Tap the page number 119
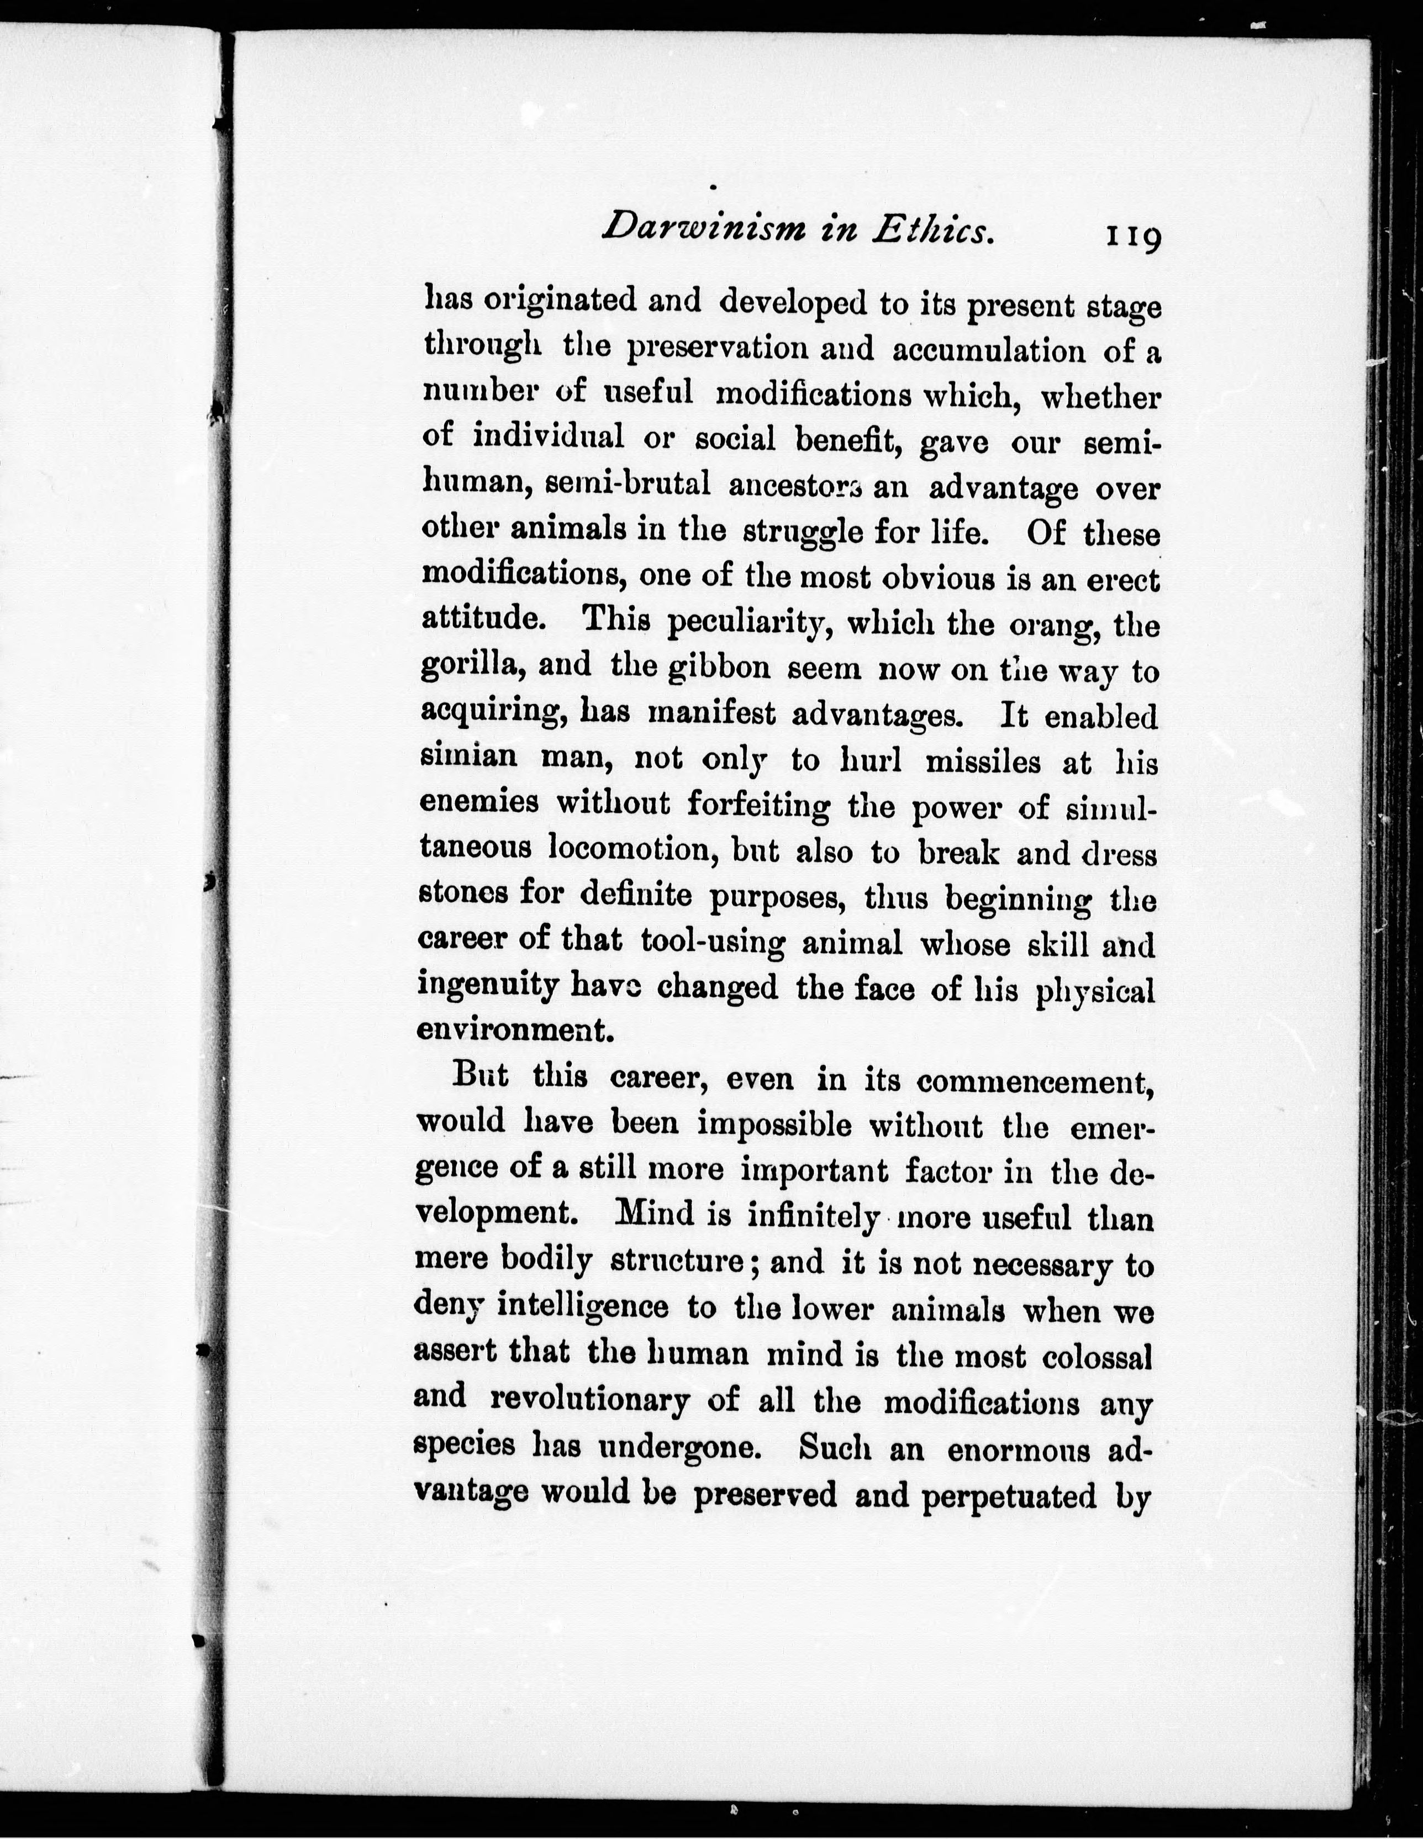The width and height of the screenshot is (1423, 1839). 1132,236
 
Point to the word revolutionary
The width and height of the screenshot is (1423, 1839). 589,1400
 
